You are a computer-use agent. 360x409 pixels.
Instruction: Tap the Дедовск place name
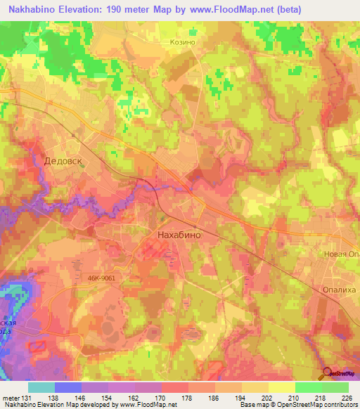[63, 160]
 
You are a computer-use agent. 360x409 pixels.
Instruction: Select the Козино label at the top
[182, 41]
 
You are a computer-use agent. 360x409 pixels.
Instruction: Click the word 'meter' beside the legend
[9, 398]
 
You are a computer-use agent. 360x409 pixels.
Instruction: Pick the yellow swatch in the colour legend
[281, 387]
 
